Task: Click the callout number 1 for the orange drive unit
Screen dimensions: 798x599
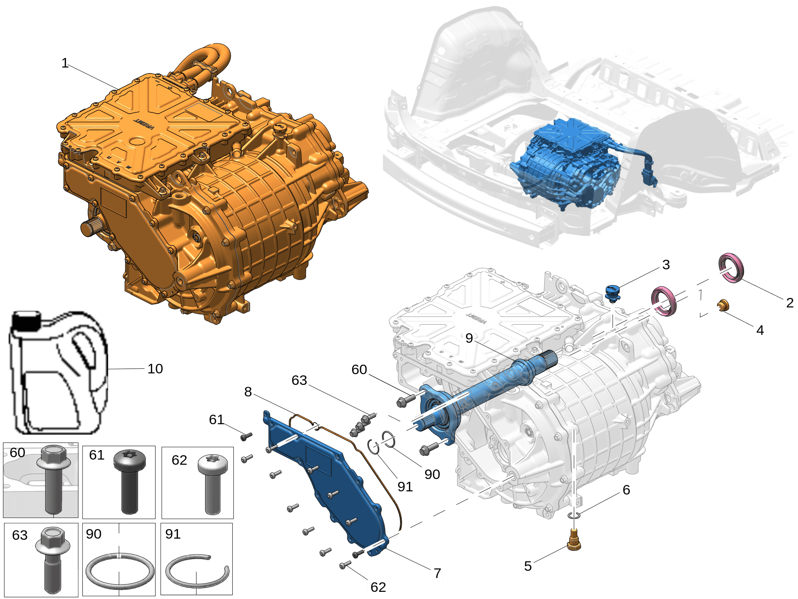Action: click(x=65, y=63)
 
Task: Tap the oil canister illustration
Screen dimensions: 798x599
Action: click(x=58, y=372)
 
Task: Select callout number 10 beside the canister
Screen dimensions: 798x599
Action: click(x=155, y=369)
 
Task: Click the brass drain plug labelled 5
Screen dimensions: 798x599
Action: click(x=574, y=539)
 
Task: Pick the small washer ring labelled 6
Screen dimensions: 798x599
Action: click(x=574, y=516)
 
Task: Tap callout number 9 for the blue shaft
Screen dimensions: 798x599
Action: click(x=469, y=338)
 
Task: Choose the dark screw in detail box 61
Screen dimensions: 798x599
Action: click(x=129, y=481)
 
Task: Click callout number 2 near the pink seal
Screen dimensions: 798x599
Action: click(x=790, y=303)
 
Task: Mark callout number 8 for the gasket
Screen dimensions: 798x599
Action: click(x=248, y=392)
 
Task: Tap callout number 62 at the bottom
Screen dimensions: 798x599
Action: click(x=378, y=587)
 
